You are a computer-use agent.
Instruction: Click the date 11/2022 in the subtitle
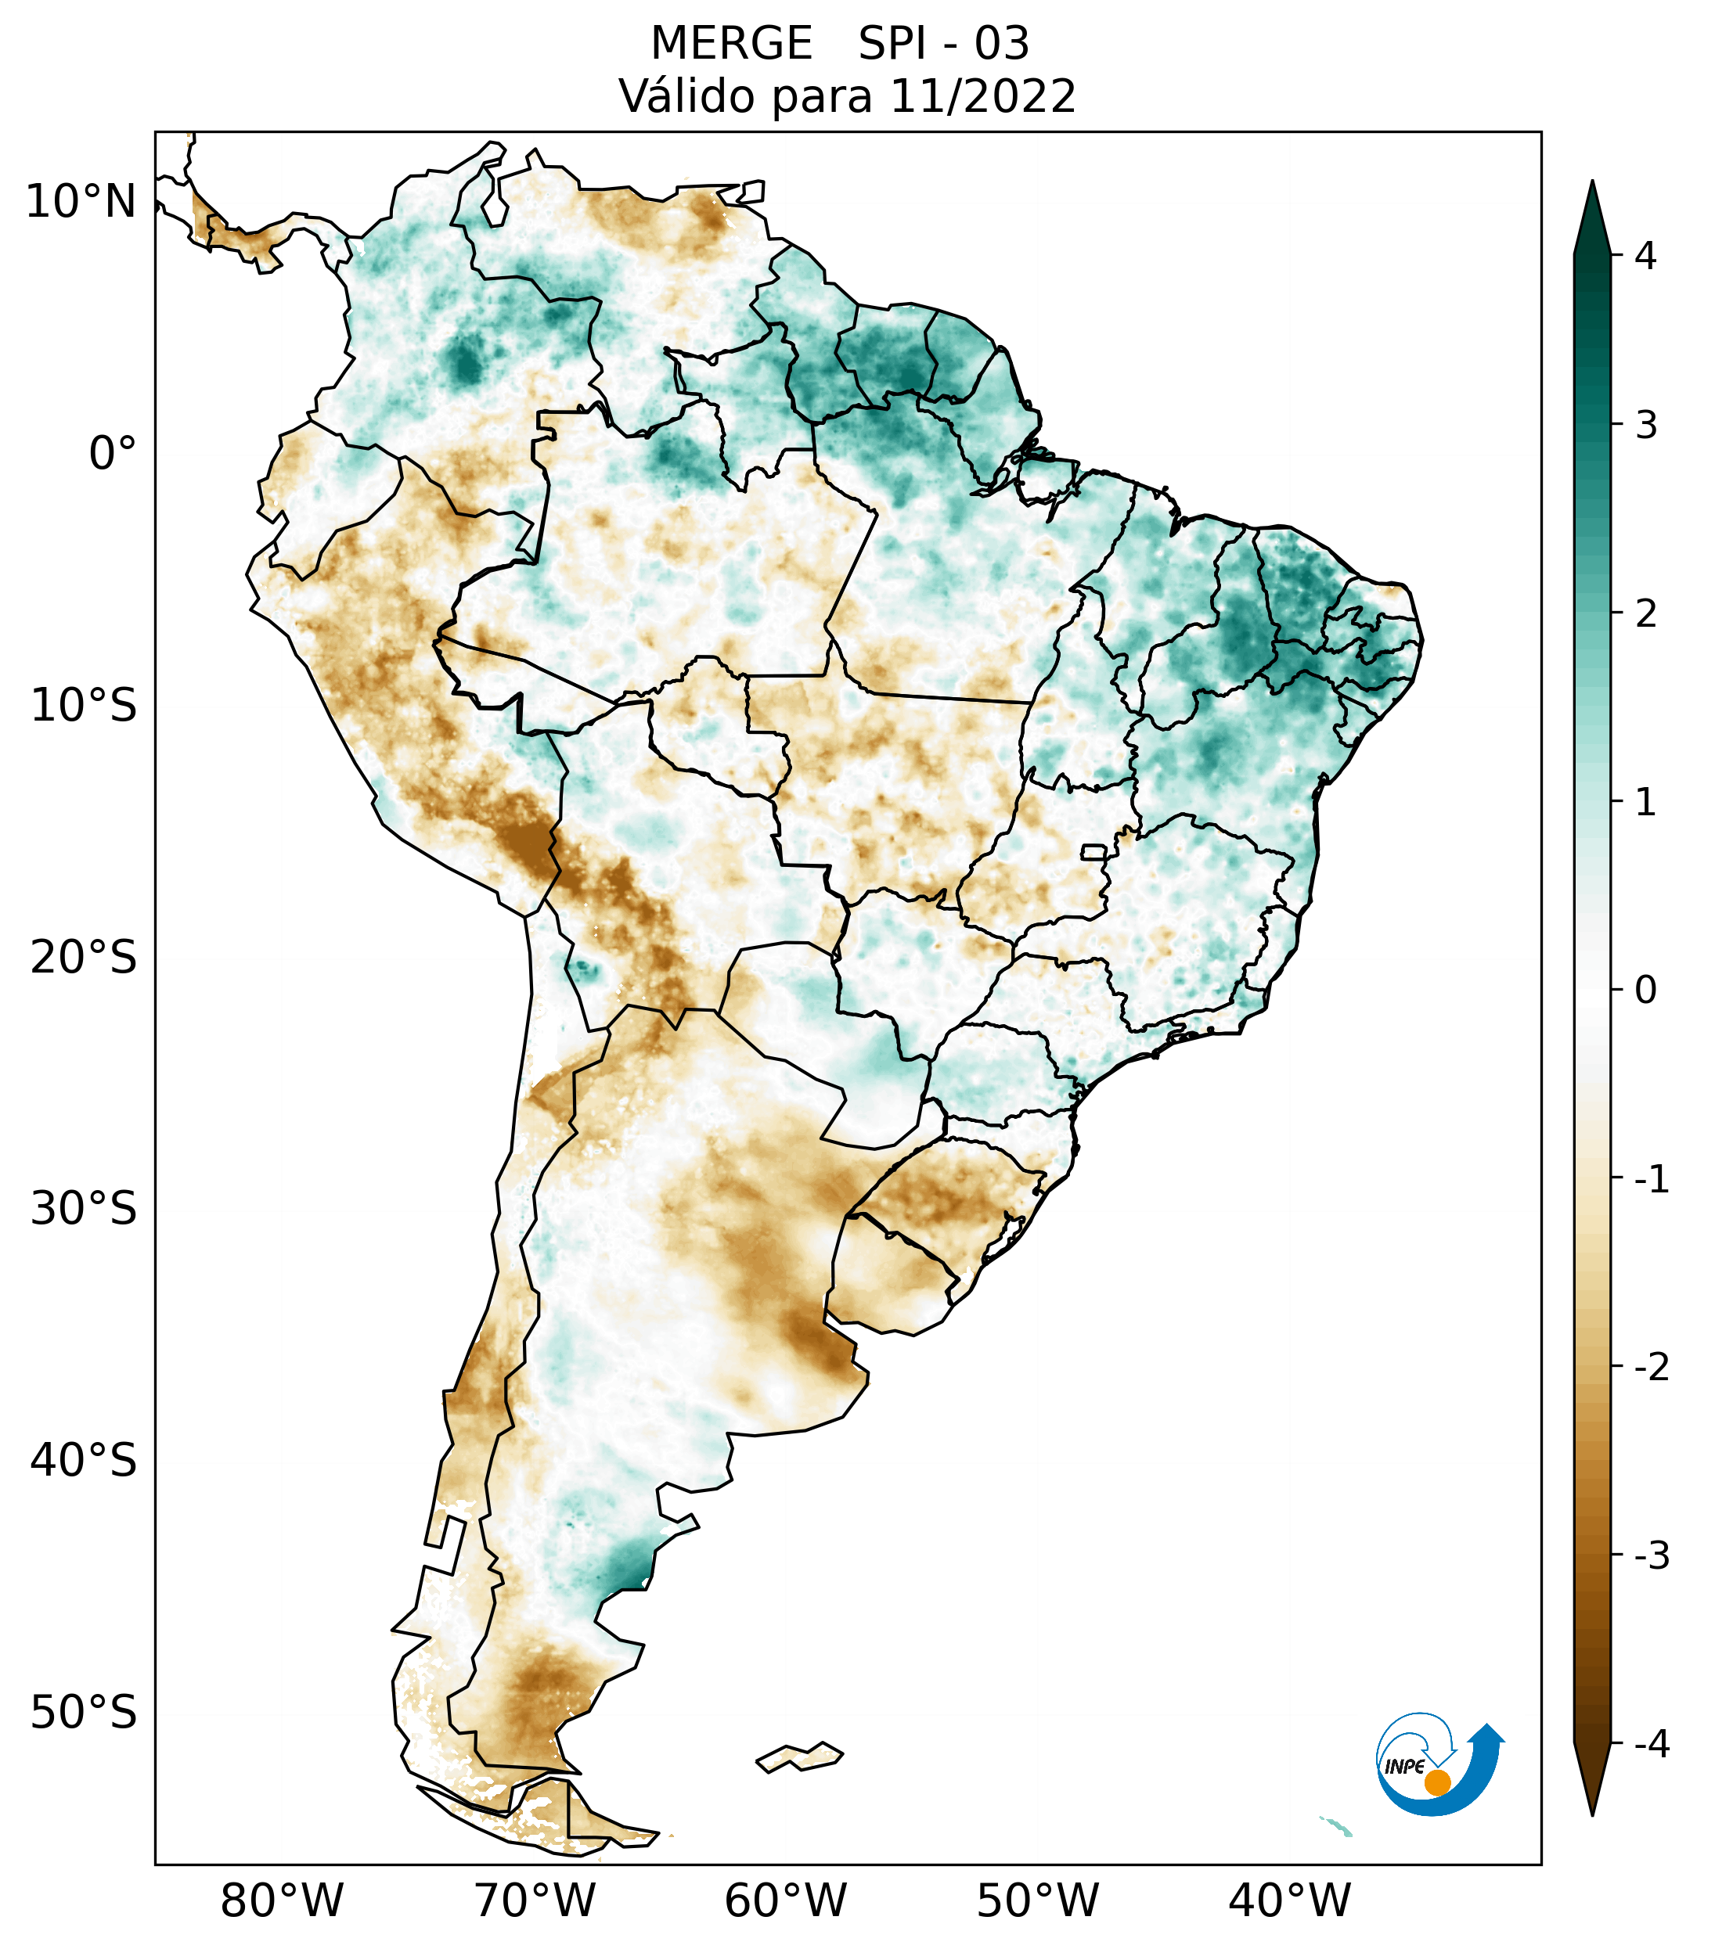click(x=982, y=96)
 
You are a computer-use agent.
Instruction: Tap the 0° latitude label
click(x=113, y=454)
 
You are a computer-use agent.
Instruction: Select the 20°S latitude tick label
click(x=84, y=958)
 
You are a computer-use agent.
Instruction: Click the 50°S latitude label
click(x=84, y=1713)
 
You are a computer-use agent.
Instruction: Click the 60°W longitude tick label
click(x=785, y=1900)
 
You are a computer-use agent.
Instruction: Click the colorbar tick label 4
click(x=1645, y=256)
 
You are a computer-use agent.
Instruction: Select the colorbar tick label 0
click(x=1645, y=990)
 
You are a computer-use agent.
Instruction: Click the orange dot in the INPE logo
click(x=1437, y=1782)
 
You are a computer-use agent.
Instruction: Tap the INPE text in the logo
click(x=1405, y=1766)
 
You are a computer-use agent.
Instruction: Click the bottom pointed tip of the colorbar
click(x=1592, y=1814)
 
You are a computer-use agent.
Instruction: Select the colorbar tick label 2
click(x=1645, y=614)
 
